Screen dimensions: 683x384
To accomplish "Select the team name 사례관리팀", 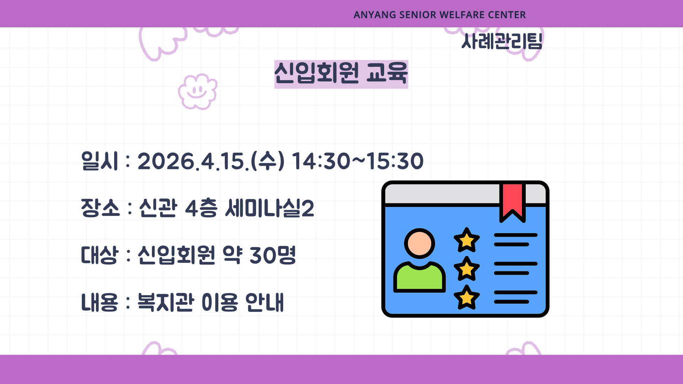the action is tap(502, 42).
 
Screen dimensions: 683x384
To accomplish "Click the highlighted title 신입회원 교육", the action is tap(341, 74).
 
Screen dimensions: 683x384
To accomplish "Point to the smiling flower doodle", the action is tap(197, 91).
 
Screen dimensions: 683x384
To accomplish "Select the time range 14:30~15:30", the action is tap(358, 161).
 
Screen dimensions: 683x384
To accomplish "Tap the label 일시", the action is tap(100, 161).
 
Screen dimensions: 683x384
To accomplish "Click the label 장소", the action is tap(100, 208).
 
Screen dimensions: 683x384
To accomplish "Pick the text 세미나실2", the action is tap(270, 208).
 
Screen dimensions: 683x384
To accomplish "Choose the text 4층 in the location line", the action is tap(201, 208).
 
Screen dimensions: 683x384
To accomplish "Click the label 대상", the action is tap(99, 255).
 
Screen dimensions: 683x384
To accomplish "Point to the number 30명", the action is tap(272, 255).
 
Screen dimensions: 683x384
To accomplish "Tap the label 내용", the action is tap(99, 303).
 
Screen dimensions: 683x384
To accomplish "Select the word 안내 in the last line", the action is tap(265, 303).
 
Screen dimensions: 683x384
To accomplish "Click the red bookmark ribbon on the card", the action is tap(512, 202).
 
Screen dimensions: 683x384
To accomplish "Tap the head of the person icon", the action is tap(419, 244).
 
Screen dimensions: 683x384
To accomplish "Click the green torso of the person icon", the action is tap(419, 277).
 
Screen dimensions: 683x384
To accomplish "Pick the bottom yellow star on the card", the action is tap(467, 298).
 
